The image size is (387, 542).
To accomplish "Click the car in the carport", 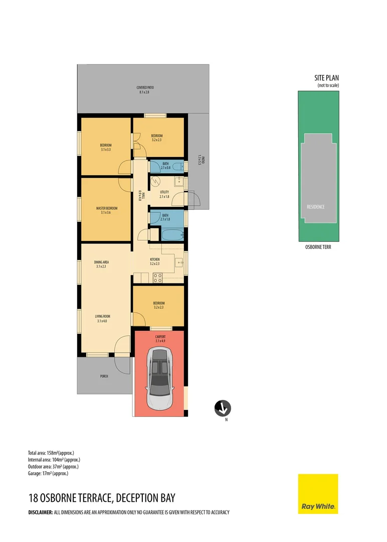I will click(160, 378).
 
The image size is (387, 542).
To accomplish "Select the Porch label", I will click(104, 376).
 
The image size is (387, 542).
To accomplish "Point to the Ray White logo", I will click(318, 494).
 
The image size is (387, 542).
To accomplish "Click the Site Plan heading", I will click(326, 78).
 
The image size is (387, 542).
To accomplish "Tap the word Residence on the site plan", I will click(316, 207).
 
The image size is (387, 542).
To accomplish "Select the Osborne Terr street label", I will click(318, 247).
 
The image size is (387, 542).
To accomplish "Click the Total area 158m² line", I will click(54, 453).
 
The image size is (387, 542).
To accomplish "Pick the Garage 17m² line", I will click(48, 473).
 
